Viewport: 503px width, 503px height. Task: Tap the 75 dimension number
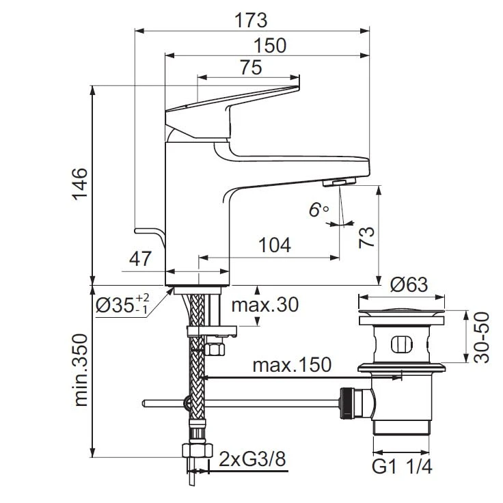250,68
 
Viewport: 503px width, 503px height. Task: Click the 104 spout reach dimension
275,245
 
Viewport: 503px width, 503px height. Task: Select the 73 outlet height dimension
368,236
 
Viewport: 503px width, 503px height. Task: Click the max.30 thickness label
264,305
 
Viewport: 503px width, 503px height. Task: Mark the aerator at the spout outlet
339,182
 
